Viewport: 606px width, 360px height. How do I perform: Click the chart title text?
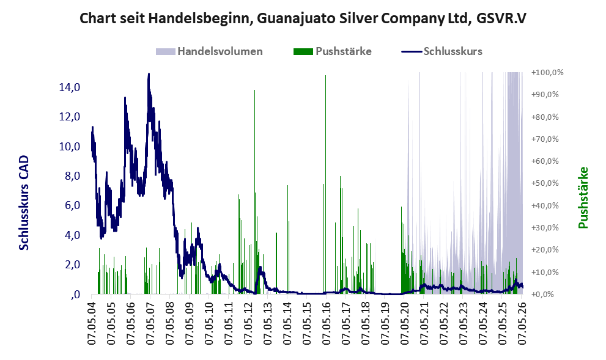point(303,18)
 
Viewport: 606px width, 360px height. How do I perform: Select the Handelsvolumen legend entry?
point(209,51)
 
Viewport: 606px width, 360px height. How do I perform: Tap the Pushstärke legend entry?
point(333,51)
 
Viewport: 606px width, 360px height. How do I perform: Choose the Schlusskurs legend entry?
point(442,51)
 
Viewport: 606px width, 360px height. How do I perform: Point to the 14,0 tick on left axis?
point(70,87)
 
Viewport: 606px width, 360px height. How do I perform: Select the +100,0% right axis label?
point(547,73)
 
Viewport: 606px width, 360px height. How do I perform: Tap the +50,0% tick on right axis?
point(545,183)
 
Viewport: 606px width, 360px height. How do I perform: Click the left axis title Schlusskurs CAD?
point(24,203)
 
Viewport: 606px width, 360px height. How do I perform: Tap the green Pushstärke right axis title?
point(583,197)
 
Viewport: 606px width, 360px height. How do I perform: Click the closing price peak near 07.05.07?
point(149,74)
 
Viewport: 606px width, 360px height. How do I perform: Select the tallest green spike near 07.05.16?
point(325,185)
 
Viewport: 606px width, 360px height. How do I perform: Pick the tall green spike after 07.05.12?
point(254,192)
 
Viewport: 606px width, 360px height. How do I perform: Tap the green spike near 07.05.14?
point(287,240)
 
